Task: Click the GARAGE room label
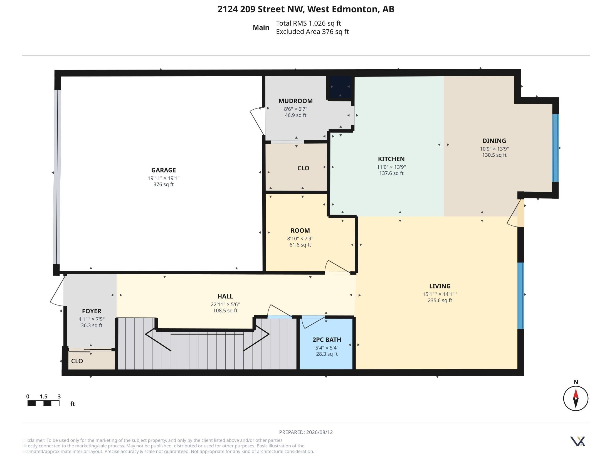pos(163,170)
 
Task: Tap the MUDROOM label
pos(295,101)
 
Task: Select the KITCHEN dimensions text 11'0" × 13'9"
pos(391,167)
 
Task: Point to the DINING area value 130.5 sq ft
pos(494,155)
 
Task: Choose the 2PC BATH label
pos(327,340)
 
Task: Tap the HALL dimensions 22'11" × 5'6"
pos(225,304)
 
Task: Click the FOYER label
pos(92,311)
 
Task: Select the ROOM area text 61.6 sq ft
pos(300,245)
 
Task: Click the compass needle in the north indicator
pos(576,398)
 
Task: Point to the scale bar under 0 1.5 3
pos(43,403)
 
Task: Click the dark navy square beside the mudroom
pos(340,87)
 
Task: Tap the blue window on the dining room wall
pos(555,148)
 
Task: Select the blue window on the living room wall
pos(520,295)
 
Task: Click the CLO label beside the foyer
pos(77,361)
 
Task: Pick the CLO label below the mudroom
pos(303,168)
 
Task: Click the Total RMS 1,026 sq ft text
pos(308,23)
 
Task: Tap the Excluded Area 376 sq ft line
pos(312,32)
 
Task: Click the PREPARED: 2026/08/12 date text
pos(306,432)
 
